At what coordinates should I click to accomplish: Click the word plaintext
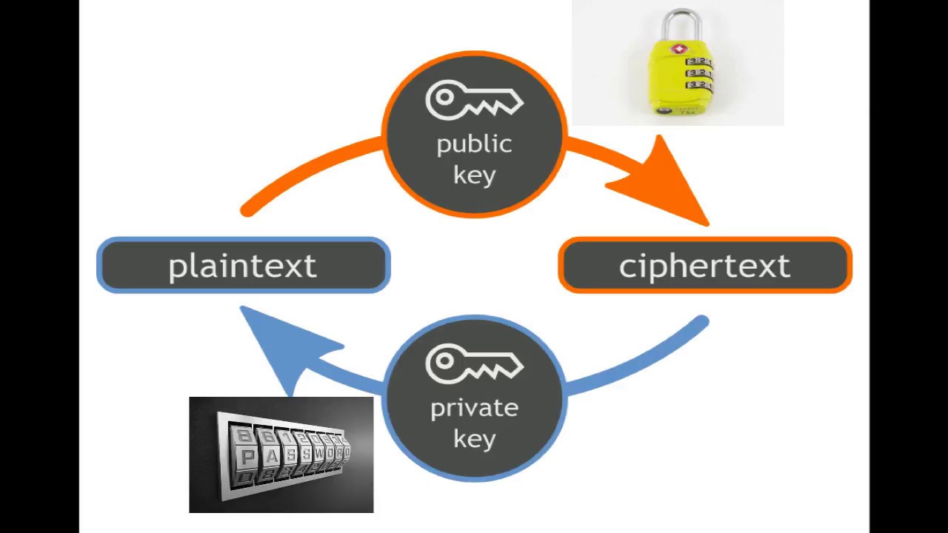click(242, 266)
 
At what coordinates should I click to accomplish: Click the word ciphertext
click(704, 266)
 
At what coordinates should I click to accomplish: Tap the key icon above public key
click(474, 101)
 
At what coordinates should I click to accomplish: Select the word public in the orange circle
click(474, 144)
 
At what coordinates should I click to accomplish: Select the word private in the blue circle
click(474, 408)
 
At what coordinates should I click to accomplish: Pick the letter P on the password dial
click(248, 457)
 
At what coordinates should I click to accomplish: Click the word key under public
click(474, 175)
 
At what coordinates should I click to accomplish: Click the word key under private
click(474, 439)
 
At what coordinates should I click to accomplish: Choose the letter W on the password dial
click(319, 453)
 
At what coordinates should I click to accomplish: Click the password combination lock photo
click(281, 455)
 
